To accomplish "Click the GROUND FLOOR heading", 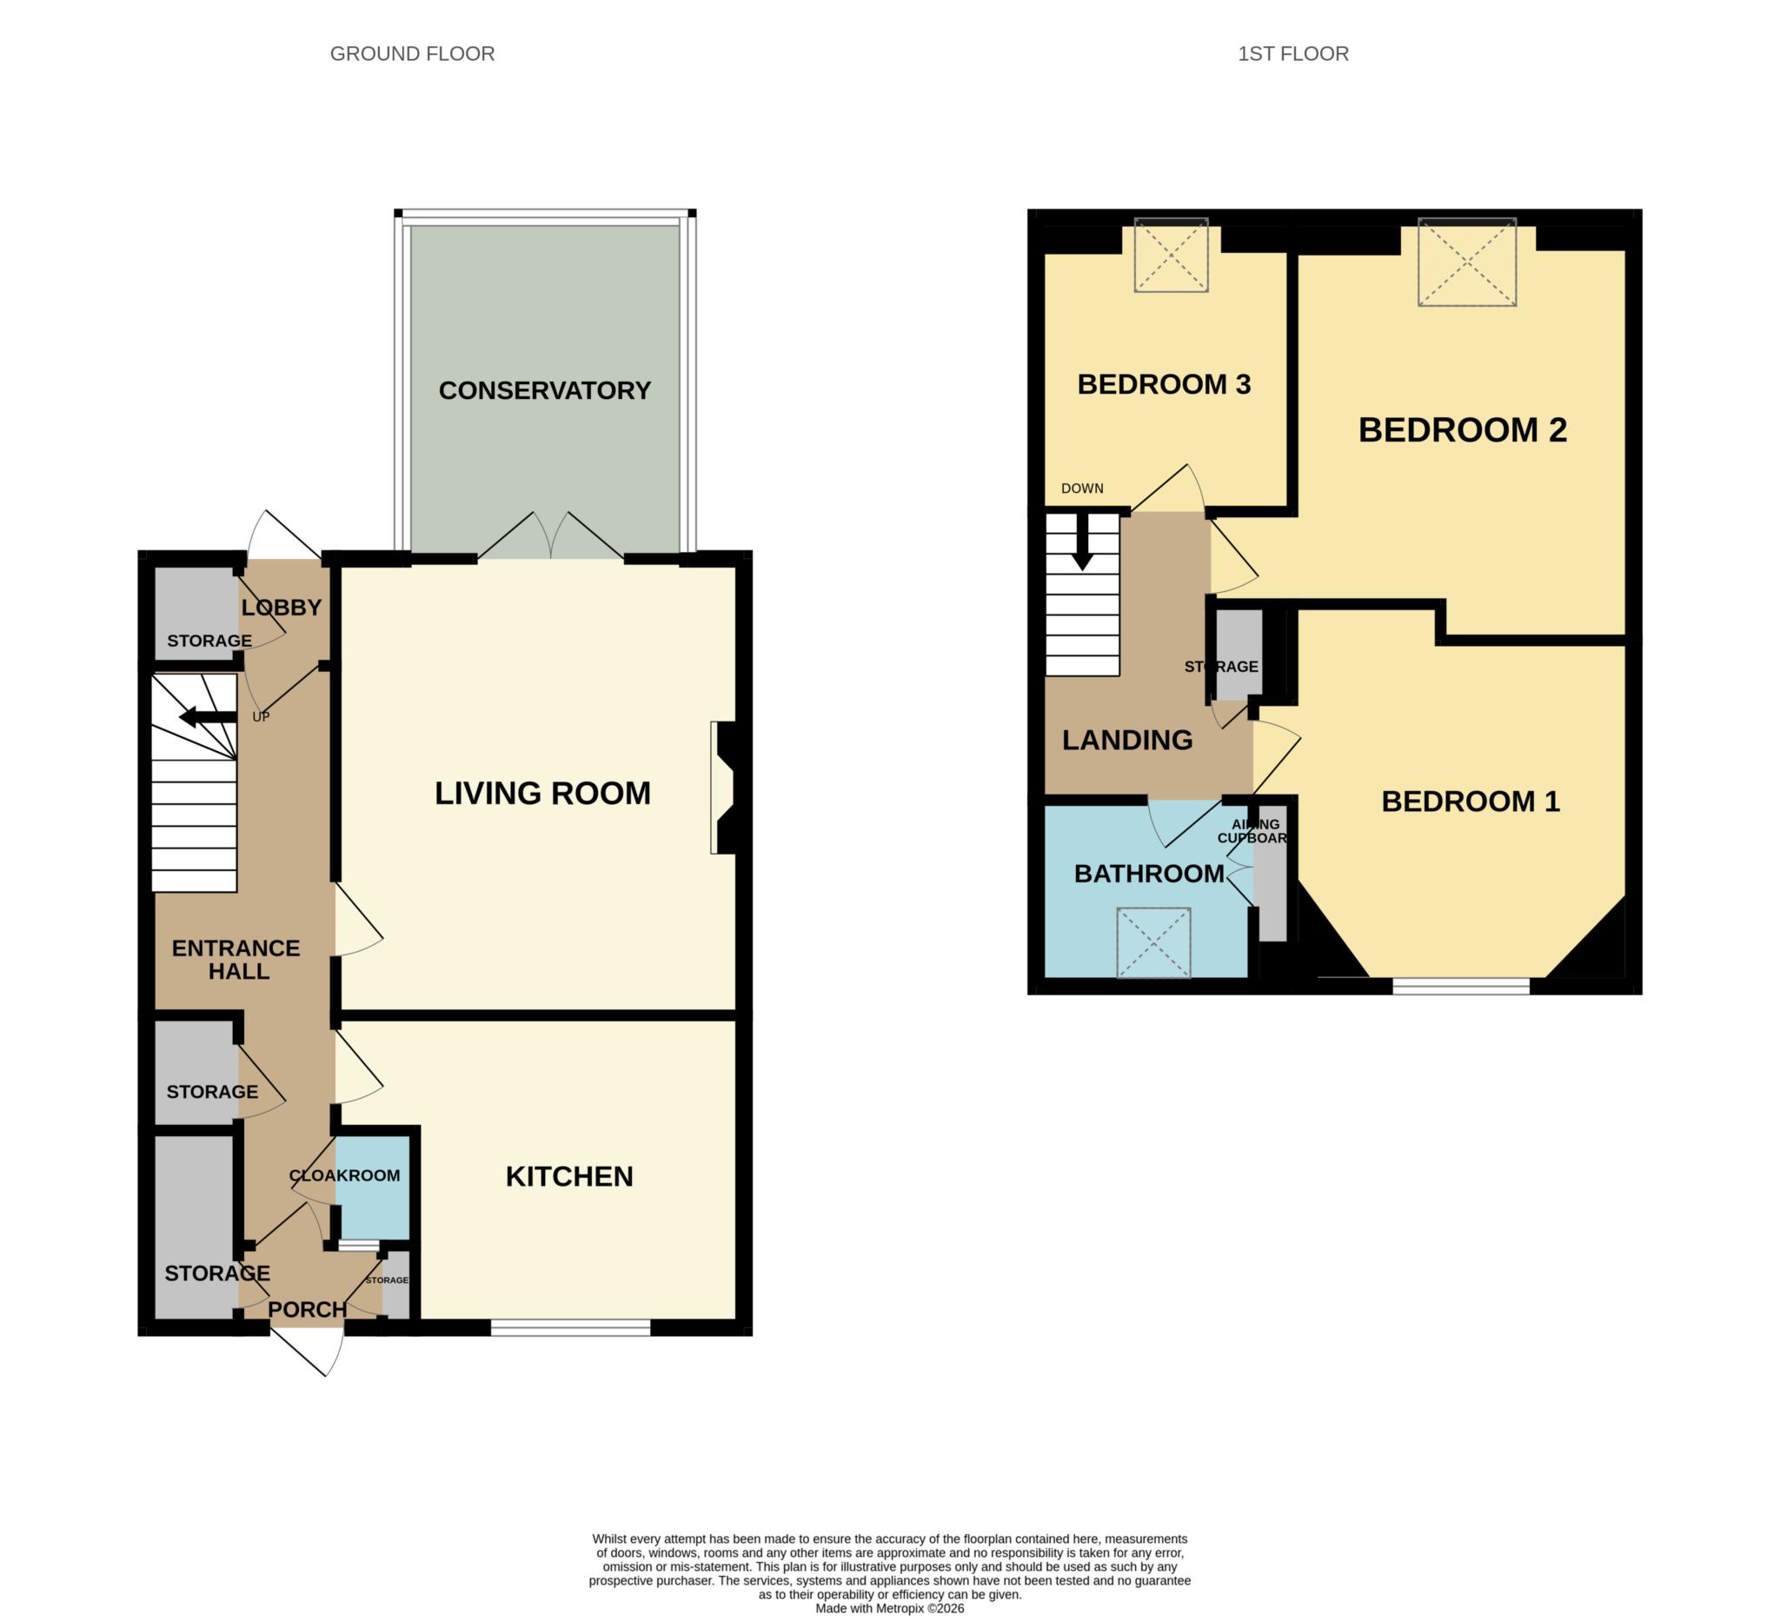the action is click(x=412, y=54).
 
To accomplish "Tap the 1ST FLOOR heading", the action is click(x=1292, y=54).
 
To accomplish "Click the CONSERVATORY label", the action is click(x=545, y=390).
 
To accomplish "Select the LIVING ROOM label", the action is click(x=542, y=793).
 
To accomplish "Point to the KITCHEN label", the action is click(x=569, y=1176).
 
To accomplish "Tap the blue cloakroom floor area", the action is click(x=373, y=1187).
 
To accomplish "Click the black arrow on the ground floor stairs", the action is click(x=208, y=716).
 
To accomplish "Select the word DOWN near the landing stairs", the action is click(x=1081, y=489).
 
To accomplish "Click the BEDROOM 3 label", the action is click(x=1164, y=384).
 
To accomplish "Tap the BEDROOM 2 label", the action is click(x=1462, y=430).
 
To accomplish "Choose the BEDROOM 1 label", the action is click(x=1470, y=801).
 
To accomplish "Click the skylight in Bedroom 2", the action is click(x=1466, y=262).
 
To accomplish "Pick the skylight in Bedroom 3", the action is click(x=1171, y=255).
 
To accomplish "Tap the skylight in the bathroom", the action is click(x=1153, y=943).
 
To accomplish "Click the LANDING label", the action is click(x=1126, y=740).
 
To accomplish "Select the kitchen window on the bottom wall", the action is click(x=570, y=1327).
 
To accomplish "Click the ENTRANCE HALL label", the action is click(x=236, y=960).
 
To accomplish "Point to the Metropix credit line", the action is click(x=889, y=1608).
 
